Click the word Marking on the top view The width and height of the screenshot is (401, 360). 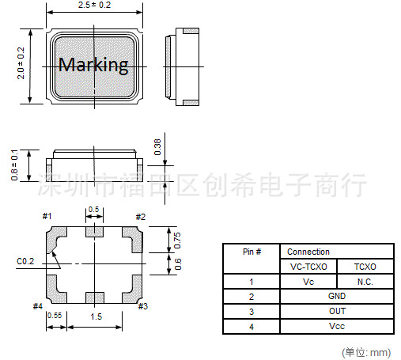[x=93, y=65]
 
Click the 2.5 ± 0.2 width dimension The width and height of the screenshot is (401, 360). [x=94, y=6]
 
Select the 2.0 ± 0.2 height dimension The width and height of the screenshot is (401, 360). [x=21, y=63]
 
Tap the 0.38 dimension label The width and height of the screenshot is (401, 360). [x=157, y=146]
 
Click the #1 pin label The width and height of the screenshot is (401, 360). [x=47, y=217]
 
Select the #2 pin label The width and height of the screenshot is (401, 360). [x=140, y=217]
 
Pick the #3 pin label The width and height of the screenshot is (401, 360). [x=142, y=306]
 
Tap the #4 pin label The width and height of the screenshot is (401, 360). [x=38, y=306]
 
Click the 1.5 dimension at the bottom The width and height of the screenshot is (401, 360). [x=95, y=316]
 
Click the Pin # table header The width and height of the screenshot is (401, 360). [x=253, y=252]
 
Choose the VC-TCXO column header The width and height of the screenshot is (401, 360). [x=309, y=267]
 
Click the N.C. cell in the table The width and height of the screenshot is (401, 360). [x=365, y=282]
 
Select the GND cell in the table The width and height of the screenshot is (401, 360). [x=337, y=297]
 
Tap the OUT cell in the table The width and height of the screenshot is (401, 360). [x=337, y=311]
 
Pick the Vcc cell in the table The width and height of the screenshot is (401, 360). [x=337, y=326]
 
